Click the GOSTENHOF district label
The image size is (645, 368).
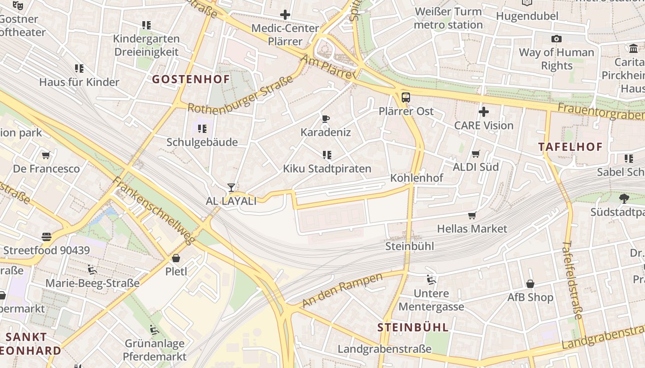pos(191,79)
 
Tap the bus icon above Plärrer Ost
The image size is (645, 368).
pos(405,98)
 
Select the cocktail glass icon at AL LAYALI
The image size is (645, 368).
pos(231,188)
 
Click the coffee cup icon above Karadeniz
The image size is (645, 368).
pos(326,119)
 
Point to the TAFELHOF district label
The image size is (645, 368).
pos(570,147)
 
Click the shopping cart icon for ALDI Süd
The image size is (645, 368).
pos(475,154)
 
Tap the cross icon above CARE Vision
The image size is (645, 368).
pos(483,112)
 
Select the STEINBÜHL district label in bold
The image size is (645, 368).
pos(413,328)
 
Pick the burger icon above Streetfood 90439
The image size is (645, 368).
pos(46,237)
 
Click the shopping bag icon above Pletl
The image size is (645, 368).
pos(176,258)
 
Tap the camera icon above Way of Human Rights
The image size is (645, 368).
pos(556,39)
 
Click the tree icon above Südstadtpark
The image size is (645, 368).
pos(624,199)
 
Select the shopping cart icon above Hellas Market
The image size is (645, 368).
pos(472,215)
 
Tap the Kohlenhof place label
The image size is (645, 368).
pos(416,178)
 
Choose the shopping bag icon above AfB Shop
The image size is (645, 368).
pos(530,284)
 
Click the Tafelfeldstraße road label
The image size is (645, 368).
pos(572,280)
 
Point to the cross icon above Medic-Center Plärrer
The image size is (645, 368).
pos(285,15)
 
